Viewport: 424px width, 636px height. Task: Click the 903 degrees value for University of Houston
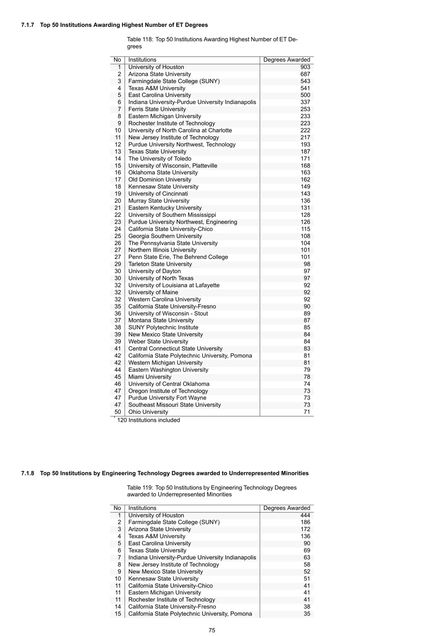point(305,67)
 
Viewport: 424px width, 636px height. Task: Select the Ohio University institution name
point(148,412)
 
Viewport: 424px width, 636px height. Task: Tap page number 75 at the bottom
point(212,630)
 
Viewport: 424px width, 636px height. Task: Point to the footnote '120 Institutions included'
point(148,420)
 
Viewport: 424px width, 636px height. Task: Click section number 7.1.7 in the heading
point(28,25)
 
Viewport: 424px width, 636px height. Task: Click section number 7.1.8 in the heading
point(28,473)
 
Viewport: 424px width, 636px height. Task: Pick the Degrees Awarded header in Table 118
point(287,60)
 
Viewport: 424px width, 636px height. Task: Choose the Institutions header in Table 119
point(142,508)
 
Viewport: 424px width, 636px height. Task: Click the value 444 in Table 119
point(305,515)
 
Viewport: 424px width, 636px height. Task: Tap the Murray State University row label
point(159,201)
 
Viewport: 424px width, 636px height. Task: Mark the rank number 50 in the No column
point(117,412)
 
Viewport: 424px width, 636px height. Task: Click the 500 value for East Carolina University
point(305,95)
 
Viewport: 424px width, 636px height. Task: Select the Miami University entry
point(150,377)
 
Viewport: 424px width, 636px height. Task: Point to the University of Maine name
point(153,292)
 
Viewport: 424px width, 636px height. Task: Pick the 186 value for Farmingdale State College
point(305,522)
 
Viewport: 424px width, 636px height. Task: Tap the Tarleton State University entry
point(160,264)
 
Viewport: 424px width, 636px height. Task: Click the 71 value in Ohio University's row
point(307,412)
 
